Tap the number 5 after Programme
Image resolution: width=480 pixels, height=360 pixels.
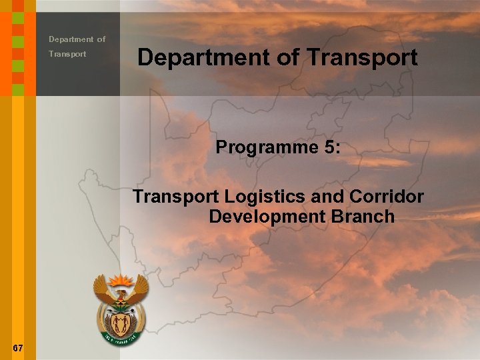329,147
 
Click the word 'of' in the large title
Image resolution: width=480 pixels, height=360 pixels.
287,57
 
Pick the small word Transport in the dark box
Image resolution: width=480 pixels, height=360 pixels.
67,54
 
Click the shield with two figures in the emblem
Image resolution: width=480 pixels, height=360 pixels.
121,324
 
